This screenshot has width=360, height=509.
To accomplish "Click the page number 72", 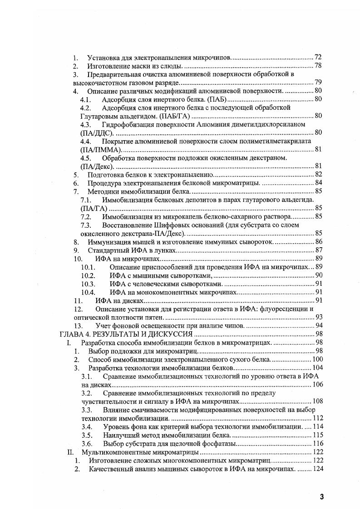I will (x=318, y=58).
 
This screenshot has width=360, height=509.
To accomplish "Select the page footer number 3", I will (x=321, y=496).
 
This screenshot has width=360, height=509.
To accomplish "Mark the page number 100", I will (x=316, y=359).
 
